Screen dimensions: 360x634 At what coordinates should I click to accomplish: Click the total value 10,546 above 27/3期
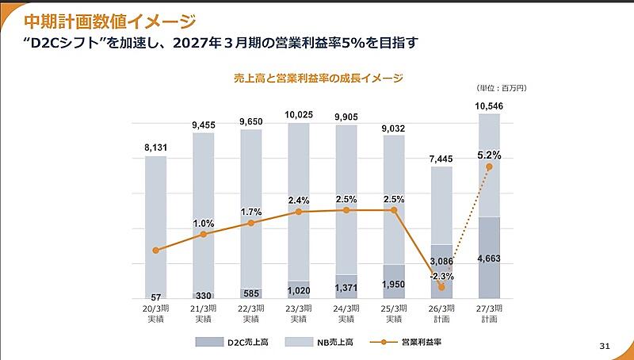pos(489,105)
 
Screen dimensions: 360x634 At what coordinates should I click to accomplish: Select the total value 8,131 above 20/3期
pos(155,147)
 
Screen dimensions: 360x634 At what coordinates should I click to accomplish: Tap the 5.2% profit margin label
pos(489,155)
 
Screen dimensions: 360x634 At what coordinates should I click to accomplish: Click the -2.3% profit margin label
pos(441,276)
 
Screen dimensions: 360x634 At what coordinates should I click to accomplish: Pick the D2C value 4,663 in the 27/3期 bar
pos(489,258)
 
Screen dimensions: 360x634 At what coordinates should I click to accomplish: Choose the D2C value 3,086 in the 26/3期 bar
pos(441,260)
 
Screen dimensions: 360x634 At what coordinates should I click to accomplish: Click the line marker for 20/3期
pos(156,251)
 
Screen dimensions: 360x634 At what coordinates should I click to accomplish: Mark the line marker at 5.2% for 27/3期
pos(489,167)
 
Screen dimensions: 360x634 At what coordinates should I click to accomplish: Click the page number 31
pos(605,345)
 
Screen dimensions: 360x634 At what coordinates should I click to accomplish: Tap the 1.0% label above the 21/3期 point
pos(204,224)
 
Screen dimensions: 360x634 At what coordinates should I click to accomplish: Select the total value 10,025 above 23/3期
pos(299,115)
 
